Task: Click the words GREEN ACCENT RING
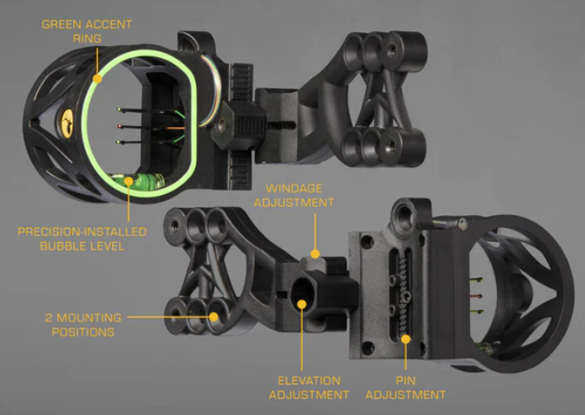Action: click(87, 31)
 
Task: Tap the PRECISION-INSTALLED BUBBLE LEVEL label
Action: click(82, 239)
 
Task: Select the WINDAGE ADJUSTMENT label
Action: click(294, 196)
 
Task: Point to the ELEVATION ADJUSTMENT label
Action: click(309, 388)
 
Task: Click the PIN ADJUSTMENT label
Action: click(406, 388)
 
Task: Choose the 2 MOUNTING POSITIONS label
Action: click(84, 325)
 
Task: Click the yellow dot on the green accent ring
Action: click(97, 78)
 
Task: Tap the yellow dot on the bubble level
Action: click(129, 181)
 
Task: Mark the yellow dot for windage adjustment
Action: click(315, 254)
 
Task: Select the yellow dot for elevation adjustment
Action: click(302, 305)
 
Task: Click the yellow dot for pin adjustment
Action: click(406, 339)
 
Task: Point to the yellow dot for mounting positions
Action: click(213, 317)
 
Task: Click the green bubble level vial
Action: click(139, 181)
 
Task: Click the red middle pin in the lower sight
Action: click(476, 296)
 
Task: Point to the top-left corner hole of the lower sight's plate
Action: click(367, 243)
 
